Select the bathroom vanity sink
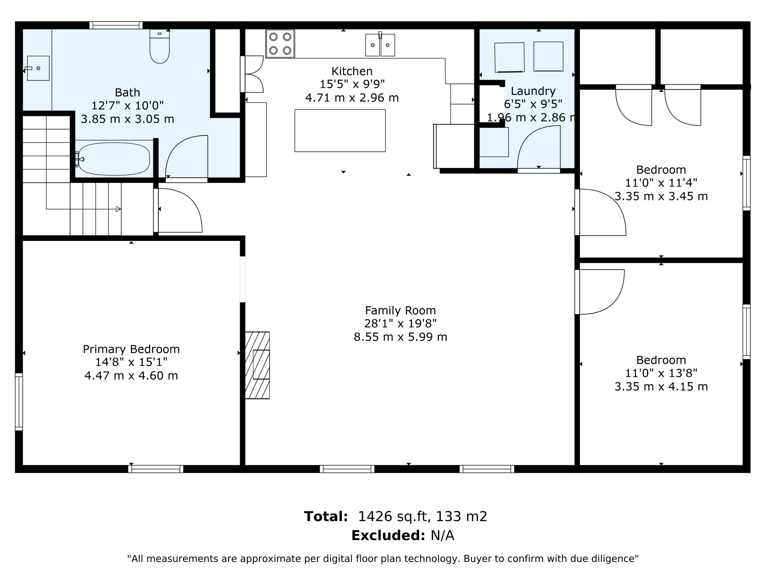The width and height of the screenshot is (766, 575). click(x=38, y=68)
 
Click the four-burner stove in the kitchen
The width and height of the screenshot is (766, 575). click(x=280, y=43)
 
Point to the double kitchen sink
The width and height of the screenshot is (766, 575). click(x=380, y=45)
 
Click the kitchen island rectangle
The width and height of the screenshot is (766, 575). click(x=340, y=131)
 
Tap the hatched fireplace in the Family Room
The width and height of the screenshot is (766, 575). click(x=257, y=365)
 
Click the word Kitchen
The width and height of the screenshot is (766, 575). click(x=352, y=71)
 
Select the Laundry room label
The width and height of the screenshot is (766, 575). click(x=533, y=91)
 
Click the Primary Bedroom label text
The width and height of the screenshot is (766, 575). click(x=131, y=349)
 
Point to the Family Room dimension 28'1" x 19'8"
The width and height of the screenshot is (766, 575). click(x=401, y=323)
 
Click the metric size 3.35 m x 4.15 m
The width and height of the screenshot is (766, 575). click(x=661, y=386)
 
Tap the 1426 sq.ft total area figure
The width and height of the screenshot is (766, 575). click(x=392, y=517)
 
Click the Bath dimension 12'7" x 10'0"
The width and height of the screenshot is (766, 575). click(x=128, y=106)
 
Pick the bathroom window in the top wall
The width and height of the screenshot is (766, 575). click(x=116, y=25)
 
